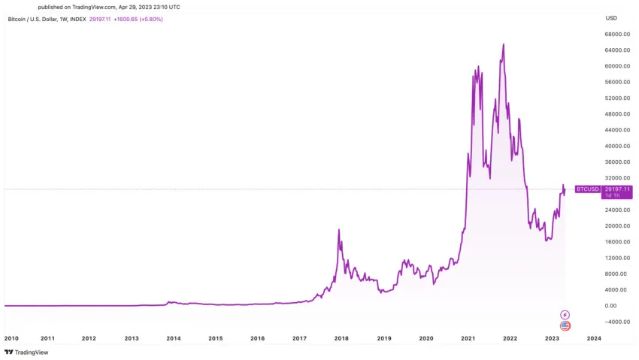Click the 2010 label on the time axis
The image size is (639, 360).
[x=11, y=339]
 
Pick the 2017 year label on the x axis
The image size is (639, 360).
[x=300, y=339]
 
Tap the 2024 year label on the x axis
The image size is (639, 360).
[x=593, y=339]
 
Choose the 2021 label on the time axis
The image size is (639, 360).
[x=468, y=339]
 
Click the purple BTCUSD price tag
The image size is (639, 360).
[x=587, y=189]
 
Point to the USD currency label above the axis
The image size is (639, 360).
[x=611, y=18]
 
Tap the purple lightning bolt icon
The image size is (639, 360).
[x=565, y=314]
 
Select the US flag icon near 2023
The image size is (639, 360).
[x=565, y=325]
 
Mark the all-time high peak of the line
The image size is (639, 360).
[x=503, y=44]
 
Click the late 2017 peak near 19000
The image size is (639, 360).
[x=339, y=230]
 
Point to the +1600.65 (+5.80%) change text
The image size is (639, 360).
[x=138, y=19]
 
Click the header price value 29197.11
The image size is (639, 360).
[x=99, y=19]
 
